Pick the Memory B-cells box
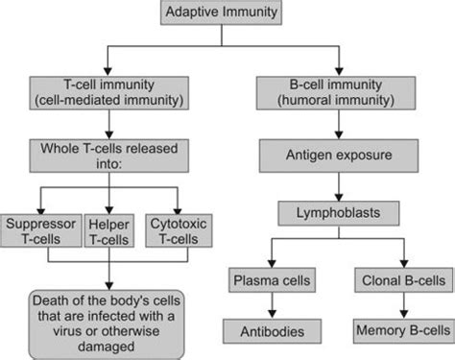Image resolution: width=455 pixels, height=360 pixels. pos(401,331)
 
